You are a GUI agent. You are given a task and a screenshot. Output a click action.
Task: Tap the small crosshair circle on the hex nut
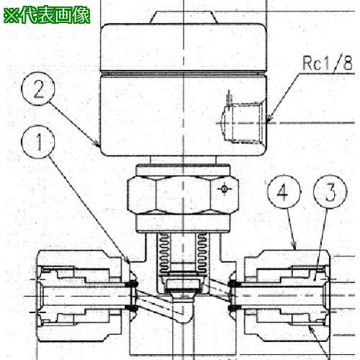[x=224, y=189]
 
